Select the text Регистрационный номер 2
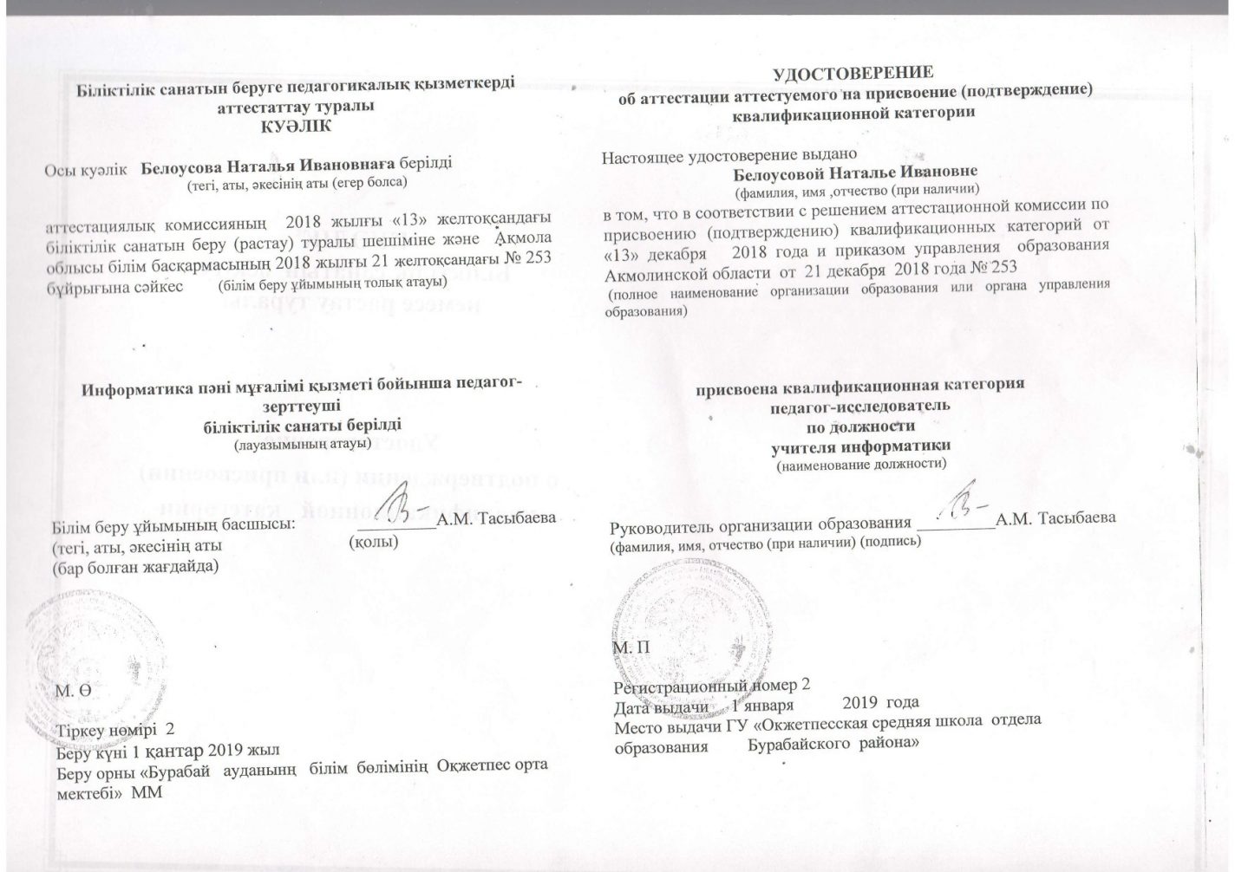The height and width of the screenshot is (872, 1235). (x=711, y=684)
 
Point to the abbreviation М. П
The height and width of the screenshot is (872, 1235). (x=631, y=647)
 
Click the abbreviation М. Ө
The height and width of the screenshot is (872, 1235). (x=72, y=691)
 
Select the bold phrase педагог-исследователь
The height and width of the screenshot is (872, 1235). (x=860, y=405)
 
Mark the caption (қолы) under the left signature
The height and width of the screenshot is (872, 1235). (x=374, y=543)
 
